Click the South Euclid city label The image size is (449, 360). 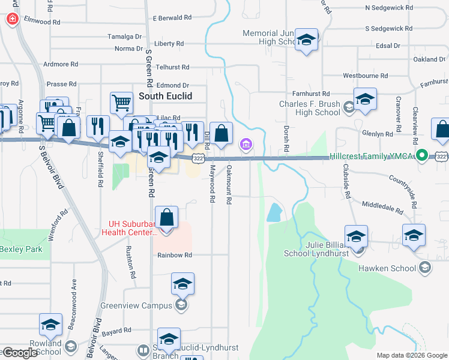(165, 95)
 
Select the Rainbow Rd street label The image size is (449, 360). (174, 255)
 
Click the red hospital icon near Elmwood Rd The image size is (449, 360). (11, 19)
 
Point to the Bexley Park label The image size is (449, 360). (21, 249)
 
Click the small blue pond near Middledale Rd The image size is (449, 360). (274, 211)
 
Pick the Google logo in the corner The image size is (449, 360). (19, 353)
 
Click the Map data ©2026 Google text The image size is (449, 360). (411, 355)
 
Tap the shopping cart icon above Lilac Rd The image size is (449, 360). (121, 103)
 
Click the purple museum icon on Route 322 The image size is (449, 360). (246, 144)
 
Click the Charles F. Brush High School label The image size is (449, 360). (310, 108)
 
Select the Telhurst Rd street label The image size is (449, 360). (172, 67)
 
